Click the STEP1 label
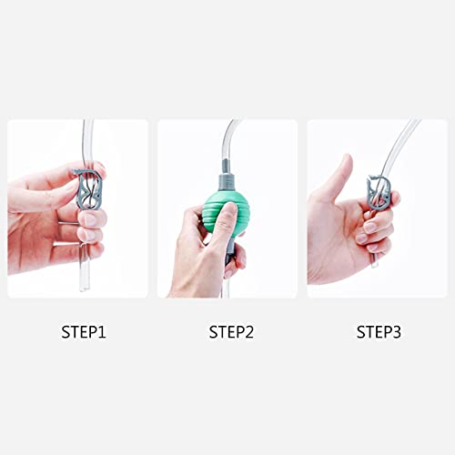pyautogui.click(x=84, y=332)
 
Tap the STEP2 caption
pyautogui.click(x=231, y=332)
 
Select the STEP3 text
pyautogui.click(x=379, y=332)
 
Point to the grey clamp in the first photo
pyautogui.click(x=88, y=188)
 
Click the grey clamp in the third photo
pyautogui.click(x=379, y=191)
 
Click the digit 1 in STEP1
pyautogui.click(x=102, y=332)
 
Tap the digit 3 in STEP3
pyautogui.click(x=396, y=332)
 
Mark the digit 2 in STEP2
pyautogui.click(x=248, y=332)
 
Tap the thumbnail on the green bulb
pyautogui.click(x=229, y=210)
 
